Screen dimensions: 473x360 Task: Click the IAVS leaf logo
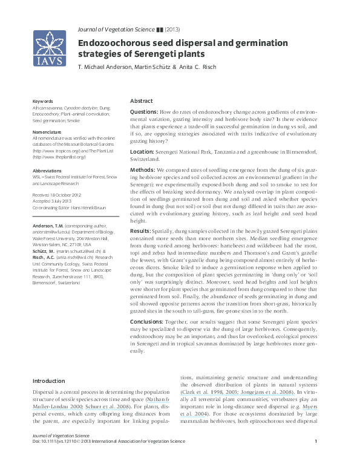[x=50, y=49]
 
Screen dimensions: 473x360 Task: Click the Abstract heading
[x=142, y=101]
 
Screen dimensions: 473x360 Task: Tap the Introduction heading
[x=48, y=381]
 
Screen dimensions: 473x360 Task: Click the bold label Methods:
[x=143, y=171]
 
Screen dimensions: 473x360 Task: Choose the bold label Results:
[x=142, y=231]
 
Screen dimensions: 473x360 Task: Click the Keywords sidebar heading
[x=42, y=101]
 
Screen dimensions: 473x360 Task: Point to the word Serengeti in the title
[x=156, y=54]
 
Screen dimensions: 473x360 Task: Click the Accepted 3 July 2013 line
[x=53, y=200]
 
